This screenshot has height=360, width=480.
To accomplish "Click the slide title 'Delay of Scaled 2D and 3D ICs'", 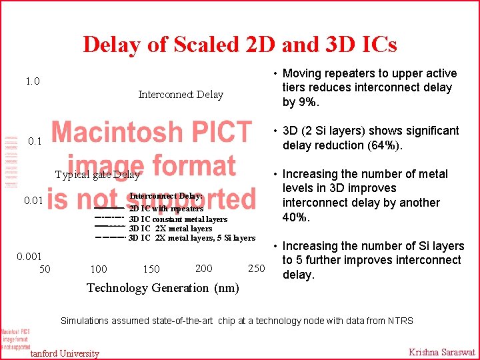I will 240,45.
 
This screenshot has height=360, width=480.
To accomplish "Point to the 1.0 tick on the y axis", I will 33,82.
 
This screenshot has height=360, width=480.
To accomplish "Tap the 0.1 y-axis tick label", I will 35,141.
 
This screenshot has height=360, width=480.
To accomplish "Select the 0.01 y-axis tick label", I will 33,201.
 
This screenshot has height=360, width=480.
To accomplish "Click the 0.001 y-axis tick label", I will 29,256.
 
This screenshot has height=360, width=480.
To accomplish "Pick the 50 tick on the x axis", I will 45,269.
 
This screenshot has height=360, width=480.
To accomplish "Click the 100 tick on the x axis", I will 98,269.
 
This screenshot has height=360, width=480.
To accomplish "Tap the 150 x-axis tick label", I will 151,269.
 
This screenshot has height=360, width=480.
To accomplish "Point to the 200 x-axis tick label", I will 204,268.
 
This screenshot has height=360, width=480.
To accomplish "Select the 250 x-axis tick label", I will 256,268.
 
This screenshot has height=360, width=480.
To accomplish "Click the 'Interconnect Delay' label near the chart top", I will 181,95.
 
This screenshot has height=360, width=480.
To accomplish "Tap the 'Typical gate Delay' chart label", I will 97,175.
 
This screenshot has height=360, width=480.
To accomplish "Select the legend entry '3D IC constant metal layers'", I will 178,219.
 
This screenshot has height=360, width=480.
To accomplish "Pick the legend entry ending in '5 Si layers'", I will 192,238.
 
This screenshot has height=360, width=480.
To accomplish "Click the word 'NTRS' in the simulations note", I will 398,321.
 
